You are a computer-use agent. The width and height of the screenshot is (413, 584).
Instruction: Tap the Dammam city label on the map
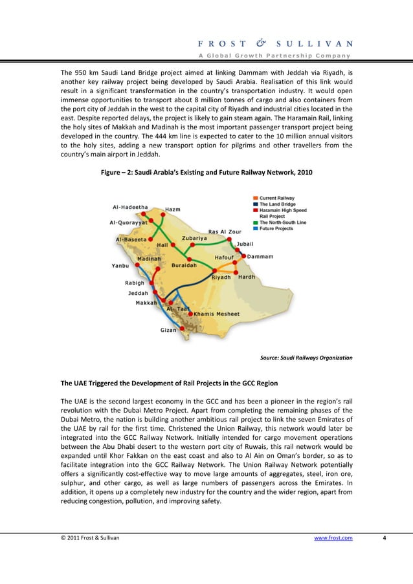(260, 256)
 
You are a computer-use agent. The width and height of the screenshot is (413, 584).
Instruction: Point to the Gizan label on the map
(168, 330)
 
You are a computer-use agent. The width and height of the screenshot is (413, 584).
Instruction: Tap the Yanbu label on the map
(120, 265)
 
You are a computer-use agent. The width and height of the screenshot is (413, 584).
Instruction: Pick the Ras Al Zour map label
(225, 232)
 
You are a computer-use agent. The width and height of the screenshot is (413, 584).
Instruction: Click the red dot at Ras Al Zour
(231, 238)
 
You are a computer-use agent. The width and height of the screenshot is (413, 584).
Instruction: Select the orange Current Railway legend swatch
(256, 198)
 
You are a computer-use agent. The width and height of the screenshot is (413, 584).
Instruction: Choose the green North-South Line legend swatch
(256, 222)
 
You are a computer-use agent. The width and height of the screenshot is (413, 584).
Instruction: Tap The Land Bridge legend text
(278, 204)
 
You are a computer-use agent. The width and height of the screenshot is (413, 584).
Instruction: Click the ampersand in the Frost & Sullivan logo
(262, 44)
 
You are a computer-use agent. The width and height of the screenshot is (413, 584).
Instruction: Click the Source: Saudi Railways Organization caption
(306, 357)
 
